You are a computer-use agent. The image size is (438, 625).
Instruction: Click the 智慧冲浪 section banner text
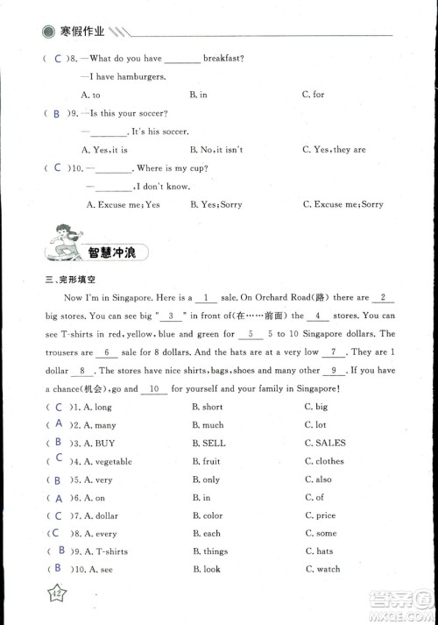click(117, 252)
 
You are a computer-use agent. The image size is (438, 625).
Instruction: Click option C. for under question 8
click(313, 95)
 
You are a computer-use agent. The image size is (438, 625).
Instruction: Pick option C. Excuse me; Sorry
click(343, 204)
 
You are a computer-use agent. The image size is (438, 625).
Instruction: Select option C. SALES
click(325, 444)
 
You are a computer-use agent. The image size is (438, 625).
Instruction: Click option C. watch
click(322, 570)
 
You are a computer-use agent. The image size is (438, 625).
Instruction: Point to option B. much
click(208, 425)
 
